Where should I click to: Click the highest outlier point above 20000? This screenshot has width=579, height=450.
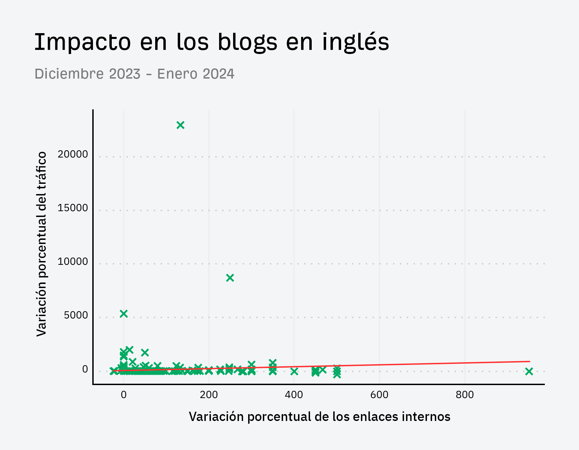point(180,125)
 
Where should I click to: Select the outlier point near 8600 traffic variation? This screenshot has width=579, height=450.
point(230,278)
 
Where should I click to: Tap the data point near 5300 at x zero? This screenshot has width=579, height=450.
point(124,314)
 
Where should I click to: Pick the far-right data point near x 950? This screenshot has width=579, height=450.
point(529,371)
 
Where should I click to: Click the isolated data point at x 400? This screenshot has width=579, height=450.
point(294,371)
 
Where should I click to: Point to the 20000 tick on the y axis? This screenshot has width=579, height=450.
point(73,154)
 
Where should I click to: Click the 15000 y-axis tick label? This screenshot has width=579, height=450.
point(73,208)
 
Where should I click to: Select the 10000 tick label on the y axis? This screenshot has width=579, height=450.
point(73,262)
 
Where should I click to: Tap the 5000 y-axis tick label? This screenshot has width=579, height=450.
point(76,315)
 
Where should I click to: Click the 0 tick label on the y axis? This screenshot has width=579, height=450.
point(85,369)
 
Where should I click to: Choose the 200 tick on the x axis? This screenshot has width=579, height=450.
point(209,395)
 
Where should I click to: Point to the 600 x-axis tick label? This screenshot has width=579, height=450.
point(379,395)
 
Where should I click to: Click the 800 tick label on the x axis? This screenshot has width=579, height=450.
point(465,395)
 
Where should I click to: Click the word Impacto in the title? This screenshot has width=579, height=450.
point(82,42)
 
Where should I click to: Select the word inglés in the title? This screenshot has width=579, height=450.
point(355,42)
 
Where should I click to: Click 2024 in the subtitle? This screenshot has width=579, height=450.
point(218,74)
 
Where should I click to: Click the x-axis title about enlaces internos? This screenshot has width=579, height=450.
point(320,417)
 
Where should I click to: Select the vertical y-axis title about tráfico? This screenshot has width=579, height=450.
point(41,244)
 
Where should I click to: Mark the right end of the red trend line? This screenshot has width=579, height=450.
point(529,361)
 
